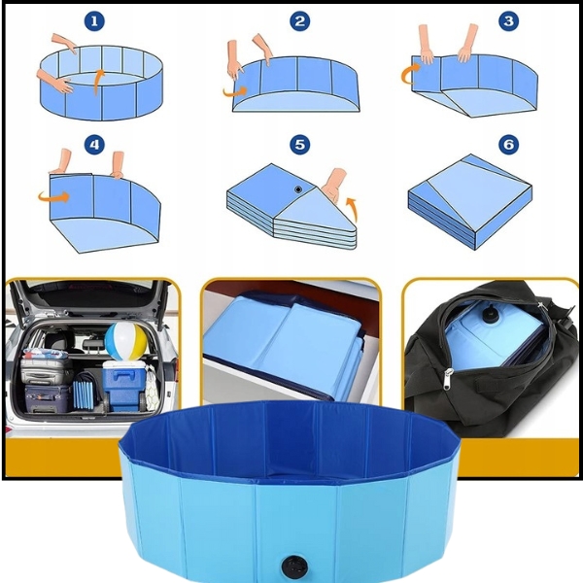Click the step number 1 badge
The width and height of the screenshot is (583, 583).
(94, 21)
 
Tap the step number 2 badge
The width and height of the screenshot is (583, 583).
(299, 21)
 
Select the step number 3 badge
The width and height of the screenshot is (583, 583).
(508, 21)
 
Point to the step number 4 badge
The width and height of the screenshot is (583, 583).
(94, 144)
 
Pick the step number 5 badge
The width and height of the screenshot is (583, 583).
(299, 144)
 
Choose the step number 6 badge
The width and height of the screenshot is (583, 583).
(508, 144)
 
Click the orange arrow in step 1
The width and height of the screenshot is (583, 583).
(97, 82)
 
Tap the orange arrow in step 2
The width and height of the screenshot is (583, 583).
(235, 91)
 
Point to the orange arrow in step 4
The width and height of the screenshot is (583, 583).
(53, 197)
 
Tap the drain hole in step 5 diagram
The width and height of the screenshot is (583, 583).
(298, 189)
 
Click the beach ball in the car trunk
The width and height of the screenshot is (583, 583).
(125, 341)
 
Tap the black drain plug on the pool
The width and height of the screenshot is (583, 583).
(294, 566)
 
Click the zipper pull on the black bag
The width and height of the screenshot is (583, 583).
(448, 379)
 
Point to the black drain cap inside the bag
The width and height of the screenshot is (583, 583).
(491, 315)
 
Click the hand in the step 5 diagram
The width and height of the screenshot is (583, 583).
(333, 186)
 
